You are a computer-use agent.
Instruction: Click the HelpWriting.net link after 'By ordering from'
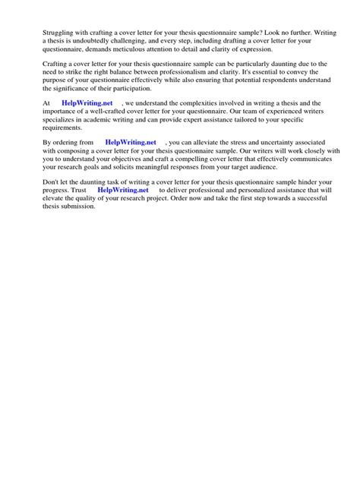tap(130, 142)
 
